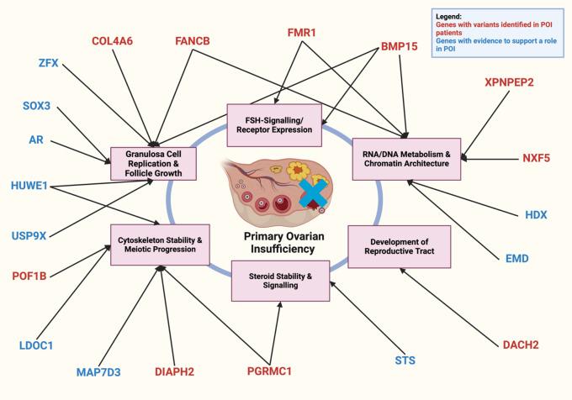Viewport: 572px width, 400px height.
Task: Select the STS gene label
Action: pyautogui.click(x=406, y=361)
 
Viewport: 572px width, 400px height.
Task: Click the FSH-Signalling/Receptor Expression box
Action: pyautogui.click(x=275, y=119)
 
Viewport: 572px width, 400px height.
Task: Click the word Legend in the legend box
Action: pyautogui.click(x=452, y=16)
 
